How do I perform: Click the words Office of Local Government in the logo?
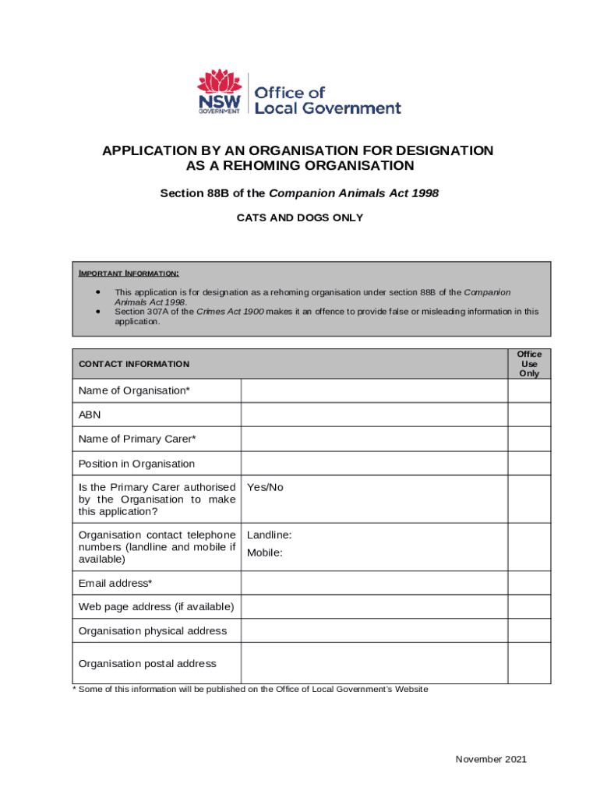327,100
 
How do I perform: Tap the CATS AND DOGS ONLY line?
299,218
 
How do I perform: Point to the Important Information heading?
129,274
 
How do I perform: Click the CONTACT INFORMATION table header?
133,364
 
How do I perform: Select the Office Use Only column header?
529,364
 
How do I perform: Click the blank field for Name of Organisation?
374,390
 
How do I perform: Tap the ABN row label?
90,415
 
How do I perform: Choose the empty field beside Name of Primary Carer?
374,440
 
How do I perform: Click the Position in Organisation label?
136,464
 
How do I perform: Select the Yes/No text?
265,488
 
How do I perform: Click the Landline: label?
269,535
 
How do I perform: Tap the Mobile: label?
264,553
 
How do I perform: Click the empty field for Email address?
374,583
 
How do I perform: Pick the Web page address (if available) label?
156,607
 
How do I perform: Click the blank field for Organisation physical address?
374,631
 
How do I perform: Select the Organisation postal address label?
147,664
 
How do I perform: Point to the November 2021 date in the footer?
491,759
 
